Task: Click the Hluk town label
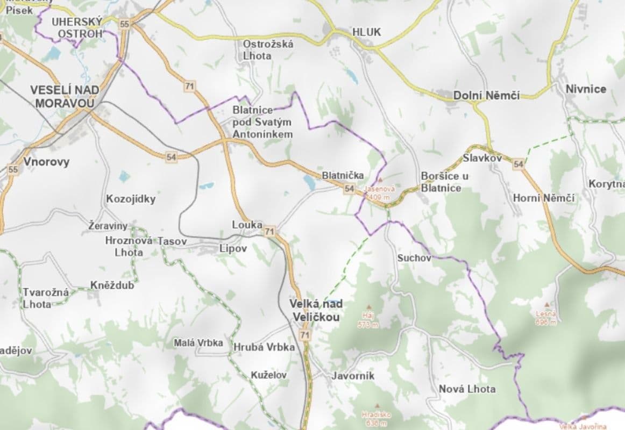click(366, 32)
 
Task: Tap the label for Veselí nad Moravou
click(62, 96)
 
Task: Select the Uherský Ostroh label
click(76, 27)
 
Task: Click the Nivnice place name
click(586, 89)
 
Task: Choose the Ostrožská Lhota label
click(268, 49)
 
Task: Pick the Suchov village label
click(414, 258)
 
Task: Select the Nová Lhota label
click(467, 389)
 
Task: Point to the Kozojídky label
click(131, 199)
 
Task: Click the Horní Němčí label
click(543, 198)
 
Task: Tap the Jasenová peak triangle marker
click(380, 181)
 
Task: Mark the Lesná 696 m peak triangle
click(547, 304)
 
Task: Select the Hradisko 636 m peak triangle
click(377, 406)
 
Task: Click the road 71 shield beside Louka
click(269, 232)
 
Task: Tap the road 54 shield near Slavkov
click(518, 164)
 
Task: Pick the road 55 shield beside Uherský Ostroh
click(125, 24)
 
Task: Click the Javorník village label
click(353, 376)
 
